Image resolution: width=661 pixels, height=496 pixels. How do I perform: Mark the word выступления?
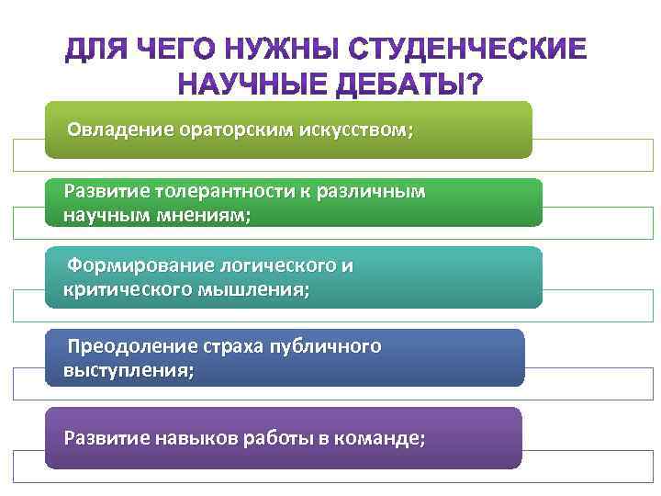[129, 371]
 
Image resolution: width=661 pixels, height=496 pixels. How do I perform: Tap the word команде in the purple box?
[381, 438]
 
